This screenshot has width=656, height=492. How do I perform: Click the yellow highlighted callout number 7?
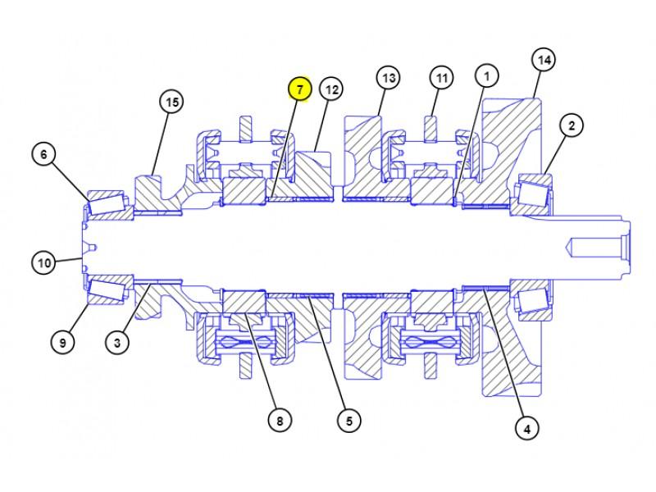(299, 89)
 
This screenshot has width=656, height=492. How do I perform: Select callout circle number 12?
(330, 89)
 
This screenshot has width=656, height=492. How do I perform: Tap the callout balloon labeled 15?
(171, 102)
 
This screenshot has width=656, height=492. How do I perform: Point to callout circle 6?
(44, 153)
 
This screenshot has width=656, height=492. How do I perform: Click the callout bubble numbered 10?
(43, 263)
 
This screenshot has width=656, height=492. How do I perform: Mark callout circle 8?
(279, 421)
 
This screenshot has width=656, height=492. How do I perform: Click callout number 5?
(348, 421)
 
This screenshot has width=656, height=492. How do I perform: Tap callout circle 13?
(388, 78)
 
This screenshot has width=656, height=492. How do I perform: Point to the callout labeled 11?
(442, 78)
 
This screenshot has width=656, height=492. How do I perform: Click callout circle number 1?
(486, 76)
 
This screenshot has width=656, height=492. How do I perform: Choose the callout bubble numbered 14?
(543, 60)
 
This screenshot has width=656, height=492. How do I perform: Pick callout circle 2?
(572, 125)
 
